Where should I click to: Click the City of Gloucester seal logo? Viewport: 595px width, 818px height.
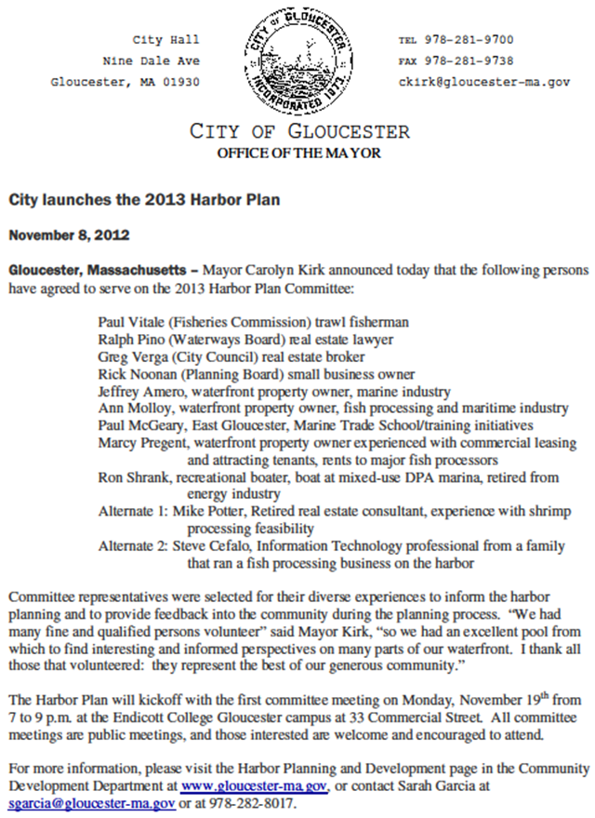[297, 60]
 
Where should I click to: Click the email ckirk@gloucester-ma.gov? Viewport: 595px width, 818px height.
[483, 82]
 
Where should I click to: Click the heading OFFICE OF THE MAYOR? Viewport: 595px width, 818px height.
[298, 153]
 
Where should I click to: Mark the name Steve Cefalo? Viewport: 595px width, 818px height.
[211, 546]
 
